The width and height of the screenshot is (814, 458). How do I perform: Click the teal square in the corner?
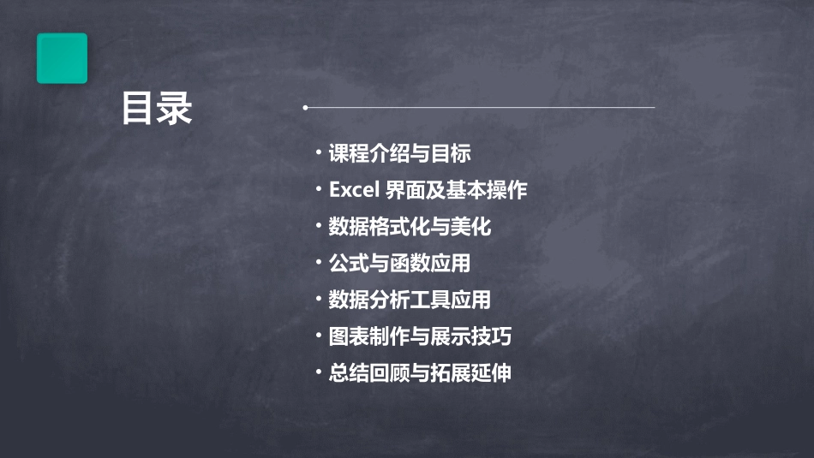coord(62,58)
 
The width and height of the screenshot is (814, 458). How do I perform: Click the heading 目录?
coord(157,109)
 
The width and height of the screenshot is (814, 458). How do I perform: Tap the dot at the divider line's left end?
coord(305,108)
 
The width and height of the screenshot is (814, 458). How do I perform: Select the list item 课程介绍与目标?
coord(399,154)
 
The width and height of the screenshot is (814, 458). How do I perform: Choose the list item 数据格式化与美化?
coord(410,227)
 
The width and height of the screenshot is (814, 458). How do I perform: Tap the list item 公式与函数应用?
coord(399,264)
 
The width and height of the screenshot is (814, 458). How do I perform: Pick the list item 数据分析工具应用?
coord(410,300)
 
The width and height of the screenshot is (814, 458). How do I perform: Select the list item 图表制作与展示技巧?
coord(420,336)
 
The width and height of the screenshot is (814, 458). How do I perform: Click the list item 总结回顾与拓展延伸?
coord(420,373)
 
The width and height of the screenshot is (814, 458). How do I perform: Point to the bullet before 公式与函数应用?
coord(318,262)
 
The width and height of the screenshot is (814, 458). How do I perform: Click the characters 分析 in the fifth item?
coord(389,300)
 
